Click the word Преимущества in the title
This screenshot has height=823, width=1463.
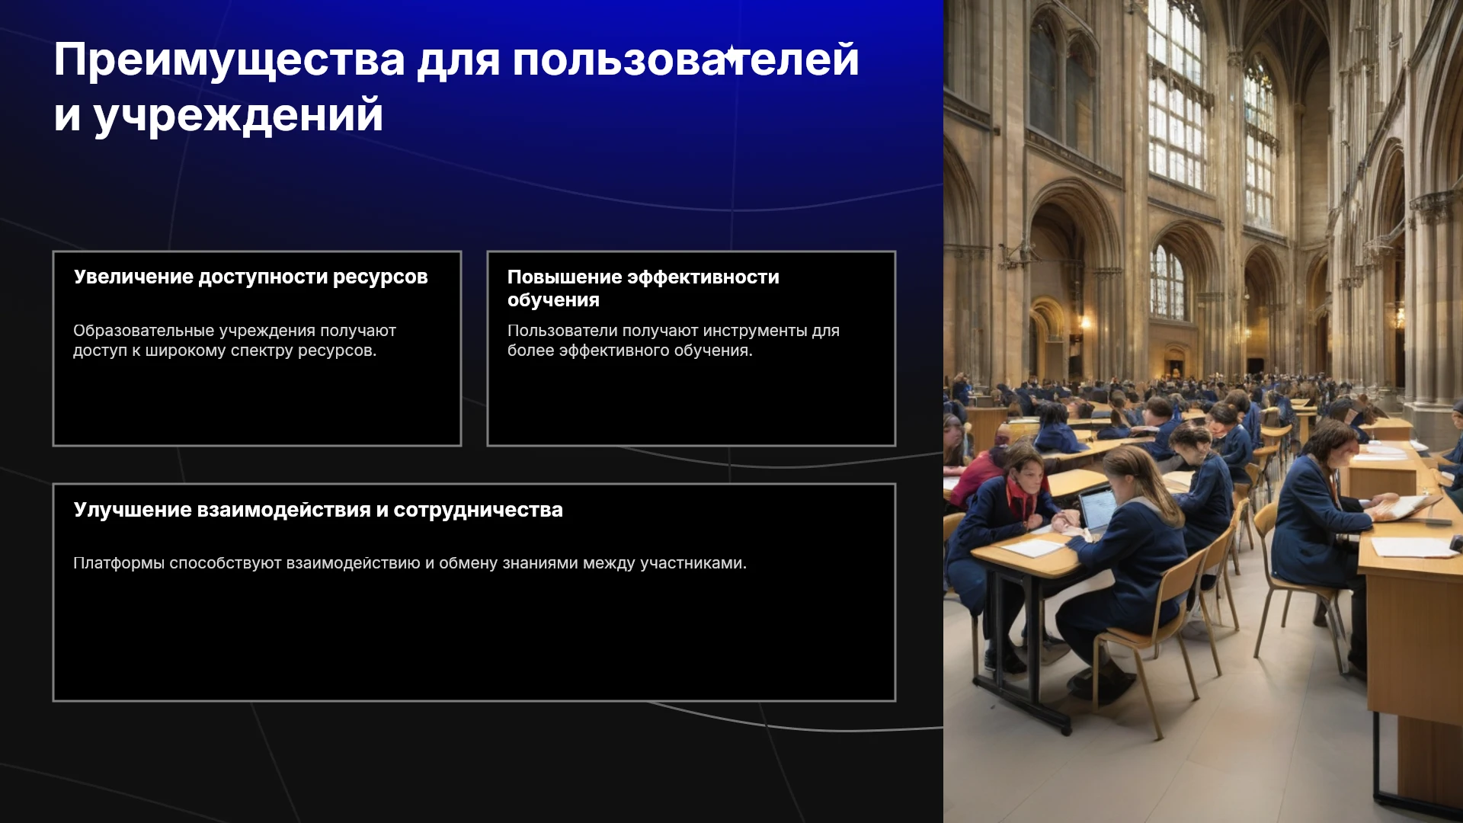229,61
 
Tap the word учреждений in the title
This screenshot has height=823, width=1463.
238,117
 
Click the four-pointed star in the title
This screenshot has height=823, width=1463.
731,56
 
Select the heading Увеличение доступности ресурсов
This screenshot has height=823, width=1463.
251,277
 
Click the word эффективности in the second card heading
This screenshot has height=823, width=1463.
703,277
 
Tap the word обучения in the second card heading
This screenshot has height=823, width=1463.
553,300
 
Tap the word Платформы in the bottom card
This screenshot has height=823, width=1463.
119,563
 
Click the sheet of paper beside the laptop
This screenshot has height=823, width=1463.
1032,547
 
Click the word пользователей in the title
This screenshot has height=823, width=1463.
686,61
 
